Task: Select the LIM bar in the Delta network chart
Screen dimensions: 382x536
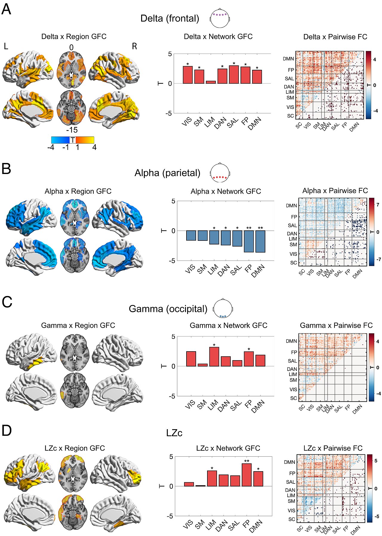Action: [x=211, y=82]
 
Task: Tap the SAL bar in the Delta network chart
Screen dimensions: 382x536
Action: [x=234, y=75]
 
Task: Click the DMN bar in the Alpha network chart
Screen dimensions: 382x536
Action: [x=260, y=241]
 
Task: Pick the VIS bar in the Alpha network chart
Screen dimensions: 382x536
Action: [x=191, y=235]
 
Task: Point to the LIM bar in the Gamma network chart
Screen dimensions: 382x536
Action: [x=214, y=357]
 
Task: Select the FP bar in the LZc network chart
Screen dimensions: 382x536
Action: [x=247, y=475]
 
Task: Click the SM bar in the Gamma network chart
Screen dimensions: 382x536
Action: [x=203, y=365]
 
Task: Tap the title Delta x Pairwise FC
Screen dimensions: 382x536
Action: [x=335, y=37]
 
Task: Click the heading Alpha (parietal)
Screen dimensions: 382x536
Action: [x=167, y=173]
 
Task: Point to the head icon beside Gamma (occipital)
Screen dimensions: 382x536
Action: [x=223, y=308]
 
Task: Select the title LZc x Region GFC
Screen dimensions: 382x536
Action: [x=75, y=448]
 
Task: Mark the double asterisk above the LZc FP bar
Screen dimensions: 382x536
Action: [x=247, y=461]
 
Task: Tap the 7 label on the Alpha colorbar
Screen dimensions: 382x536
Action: [x=378, y=205]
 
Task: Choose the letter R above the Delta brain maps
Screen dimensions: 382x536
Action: [x=135, y=46]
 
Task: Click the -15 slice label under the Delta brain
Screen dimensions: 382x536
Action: [x=72, y=130]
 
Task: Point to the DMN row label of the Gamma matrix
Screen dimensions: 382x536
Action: [x=291, y=341]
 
